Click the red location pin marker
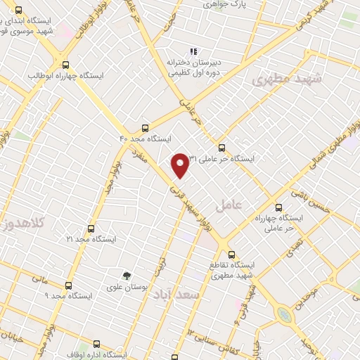coord(181,164)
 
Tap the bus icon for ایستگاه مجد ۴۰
coord(145,127)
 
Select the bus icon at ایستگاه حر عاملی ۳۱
coord(221,148)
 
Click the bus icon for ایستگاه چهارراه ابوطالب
coord(65,63)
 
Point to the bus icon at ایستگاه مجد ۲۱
coord(90,229)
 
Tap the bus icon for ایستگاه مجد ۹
coord(68,285)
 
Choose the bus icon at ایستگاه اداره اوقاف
coord(96,344)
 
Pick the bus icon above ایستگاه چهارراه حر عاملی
coord(278,207)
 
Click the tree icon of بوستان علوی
coord(127,276)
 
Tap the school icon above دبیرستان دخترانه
coord(193,51)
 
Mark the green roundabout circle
coord(285,314)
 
